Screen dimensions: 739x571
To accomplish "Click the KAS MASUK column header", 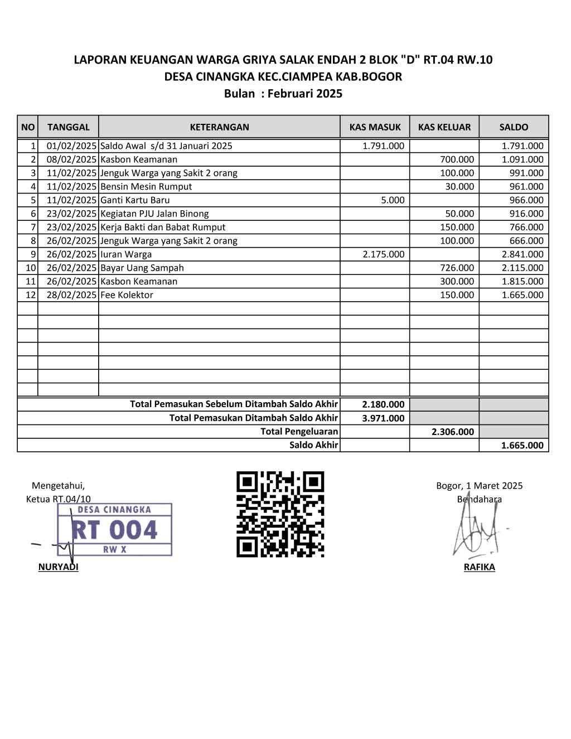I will (x=375, y=127).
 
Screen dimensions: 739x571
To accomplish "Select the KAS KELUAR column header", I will (x=444, y=127).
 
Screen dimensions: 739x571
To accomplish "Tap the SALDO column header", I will (x=514, y=127).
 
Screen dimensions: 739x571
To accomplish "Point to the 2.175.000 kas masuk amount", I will (x=383, y=254).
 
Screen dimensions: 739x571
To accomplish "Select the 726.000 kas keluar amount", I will (x=457, y=268).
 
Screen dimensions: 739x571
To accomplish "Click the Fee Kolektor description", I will (x=127, y=295).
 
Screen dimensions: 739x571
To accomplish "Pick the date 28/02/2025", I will (x=71, y=295).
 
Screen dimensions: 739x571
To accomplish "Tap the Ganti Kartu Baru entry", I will (x=135, y=200).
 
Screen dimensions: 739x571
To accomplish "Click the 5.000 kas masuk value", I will (x=393, y=200).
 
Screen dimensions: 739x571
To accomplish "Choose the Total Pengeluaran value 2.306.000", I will (x=452, y=432).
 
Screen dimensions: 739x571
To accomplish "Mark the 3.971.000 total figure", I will (x=383, y=418).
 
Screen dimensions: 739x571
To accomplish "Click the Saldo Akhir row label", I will (x=313, y=445).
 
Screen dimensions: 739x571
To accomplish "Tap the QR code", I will (x=280, y=514).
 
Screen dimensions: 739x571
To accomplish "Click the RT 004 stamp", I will (x=114, y=529).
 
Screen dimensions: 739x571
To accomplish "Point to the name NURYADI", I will (x=58, y=567).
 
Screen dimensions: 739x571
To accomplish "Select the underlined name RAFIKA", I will (x=479, y=567).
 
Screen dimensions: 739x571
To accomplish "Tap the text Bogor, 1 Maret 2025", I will (x=479, y=486).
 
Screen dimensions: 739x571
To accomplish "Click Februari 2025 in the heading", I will (x=305, y=94).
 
